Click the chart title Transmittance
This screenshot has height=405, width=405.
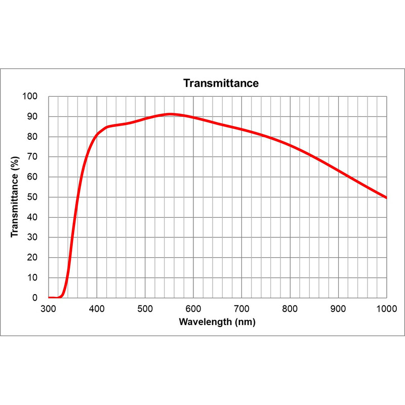[221, 83]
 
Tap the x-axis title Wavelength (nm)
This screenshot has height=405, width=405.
[217, 322]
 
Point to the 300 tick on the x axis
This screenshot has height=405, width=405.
[49, 308]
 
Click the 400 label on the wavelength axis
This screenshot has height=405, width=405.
[97, 308]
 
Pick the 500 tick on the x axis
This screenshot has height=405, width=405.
[145, 308]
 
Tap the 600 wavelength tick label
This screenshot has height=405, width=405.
[193, 308]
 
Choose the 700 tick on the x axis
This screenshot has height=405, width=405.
[241, 308]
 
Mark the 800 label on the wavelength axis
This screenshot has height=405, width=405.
[290, 308]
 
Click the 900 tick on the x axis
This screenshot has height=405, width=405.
[338, 308]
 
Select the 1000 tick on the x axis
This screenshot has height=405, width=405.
[386, 308]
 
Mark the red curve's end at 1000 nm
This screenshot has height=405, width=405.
[386, 197]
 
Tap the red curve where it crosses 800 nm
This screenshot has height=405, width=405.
[290, 145]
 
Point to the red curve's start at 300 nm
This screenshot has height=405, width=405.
[49, 298]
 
